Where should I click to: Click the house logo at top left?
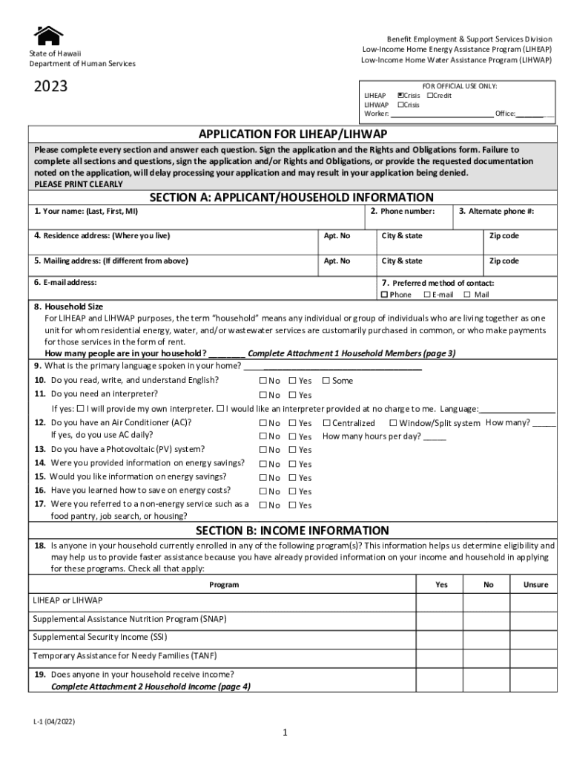[49, 35]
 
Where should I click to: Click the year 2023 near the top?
[50, 87]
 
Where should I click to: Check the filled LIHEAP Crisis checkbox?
[400, 96]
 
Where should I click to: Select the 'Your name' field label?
[86, 212]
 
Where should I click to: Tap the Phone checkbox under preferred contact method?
[384, 295]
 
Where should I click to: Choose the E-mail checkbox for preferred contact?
[426, 295]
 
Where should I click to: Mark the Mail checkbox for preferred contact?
[467, 295]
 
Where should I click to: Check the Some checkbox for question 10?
[326, 381]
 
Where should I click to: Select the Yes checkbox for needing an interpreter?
[292, 395]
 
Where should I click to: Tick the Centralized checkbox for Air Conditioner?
[326, 423]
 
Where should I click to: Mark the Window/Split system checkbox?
[393, 423]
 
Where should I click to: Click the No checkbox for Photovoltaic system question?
[263, 450]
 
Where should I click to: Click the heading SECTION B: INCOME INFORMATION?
[292, 531]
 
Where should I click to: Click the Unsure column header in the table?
[535, 585]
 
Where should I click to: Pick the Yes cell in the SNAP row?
[441, 619]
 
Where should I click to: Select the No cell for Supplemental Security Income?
[488, 638]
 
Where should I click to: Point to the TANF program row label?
[125, 656]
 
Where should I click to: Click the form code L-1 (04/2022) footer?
[54, 721]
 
